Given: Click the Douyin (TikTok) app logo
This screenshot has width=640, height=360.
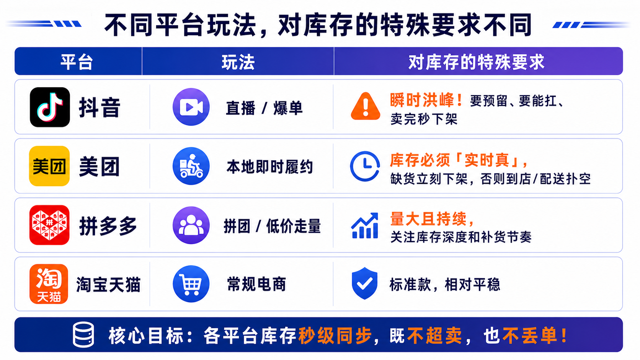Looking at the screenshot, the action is click(50, 107).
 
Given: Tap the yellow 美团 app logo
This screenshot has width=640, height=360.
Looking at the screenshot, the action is click(49, 166).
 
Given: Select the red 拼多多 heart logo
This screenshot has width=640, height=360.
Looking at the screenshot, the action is click(49, 225).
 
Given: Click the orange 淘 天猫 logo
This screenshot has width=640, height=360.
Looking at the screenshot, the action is click(49, 284).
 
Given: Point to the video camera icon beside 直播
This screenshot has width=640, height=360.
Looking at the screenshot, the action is click(191, 107).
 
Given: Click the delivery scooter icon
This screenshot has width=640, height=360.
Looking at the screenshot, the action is click(191, 166).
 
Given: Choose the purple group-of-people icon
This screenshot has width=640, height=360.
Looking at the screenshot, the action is click(191, 225).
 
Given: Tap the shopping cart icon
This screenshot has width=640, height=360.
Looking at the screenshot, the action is click(191, 284).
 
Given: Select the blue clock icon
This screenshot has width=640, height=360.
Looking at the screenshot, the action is click(365, 166).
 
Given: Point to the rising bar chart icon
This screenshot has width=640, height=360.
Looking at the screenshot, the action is click(365, 225).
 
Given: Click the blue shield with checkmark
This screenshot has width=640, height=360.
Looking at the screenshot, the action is click(364, 283).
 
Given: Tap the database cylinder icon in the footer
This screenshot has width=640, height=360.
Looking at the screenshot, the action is click(83, 335).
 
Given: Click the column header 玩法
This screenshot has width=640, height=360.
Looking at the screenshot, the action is click(238, 62).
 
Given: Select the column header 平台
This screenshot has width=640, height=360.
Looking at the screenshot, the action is click(77, 62).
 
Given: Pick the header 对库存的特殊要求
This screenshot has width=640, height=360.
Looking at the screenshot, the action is click(476, 62).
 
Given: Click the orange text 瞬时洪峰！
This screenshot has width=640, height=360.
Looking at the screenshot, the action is click(426, 100).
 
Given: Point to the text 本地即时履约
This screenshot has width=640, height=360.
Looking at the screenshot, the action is click(270, 167).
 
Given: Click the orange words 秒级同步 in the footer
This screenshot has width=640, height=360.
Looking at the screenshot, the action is click(335, 336).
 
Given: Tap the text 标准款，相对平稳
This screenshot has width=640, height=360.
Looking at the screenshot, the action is click(445, 284).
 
